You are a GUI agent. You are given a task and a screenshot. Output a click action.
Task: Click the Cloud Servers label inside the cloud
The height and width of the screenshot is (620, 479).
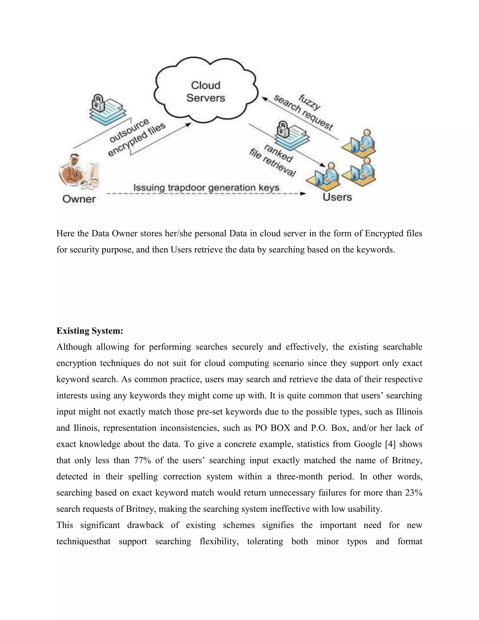205,92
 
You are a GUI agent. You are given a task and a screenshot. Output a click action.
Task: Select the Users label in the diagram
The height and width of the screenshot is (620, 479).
337,197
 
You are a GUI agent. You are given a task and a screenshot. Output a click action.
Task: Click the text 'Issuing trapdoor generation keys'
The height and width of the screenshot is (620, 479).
206,188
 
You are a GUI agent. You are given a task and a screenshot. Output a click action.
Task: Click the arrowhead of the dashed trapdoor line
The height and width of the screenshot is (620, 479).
303,194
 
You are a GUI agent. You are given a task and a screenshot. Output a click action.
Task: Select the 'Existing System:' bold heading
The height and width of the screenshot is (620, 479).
90,331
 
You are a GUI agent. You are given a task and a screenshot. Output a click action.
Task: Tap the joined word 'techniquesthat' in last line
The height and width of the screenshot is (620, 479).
83,541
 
